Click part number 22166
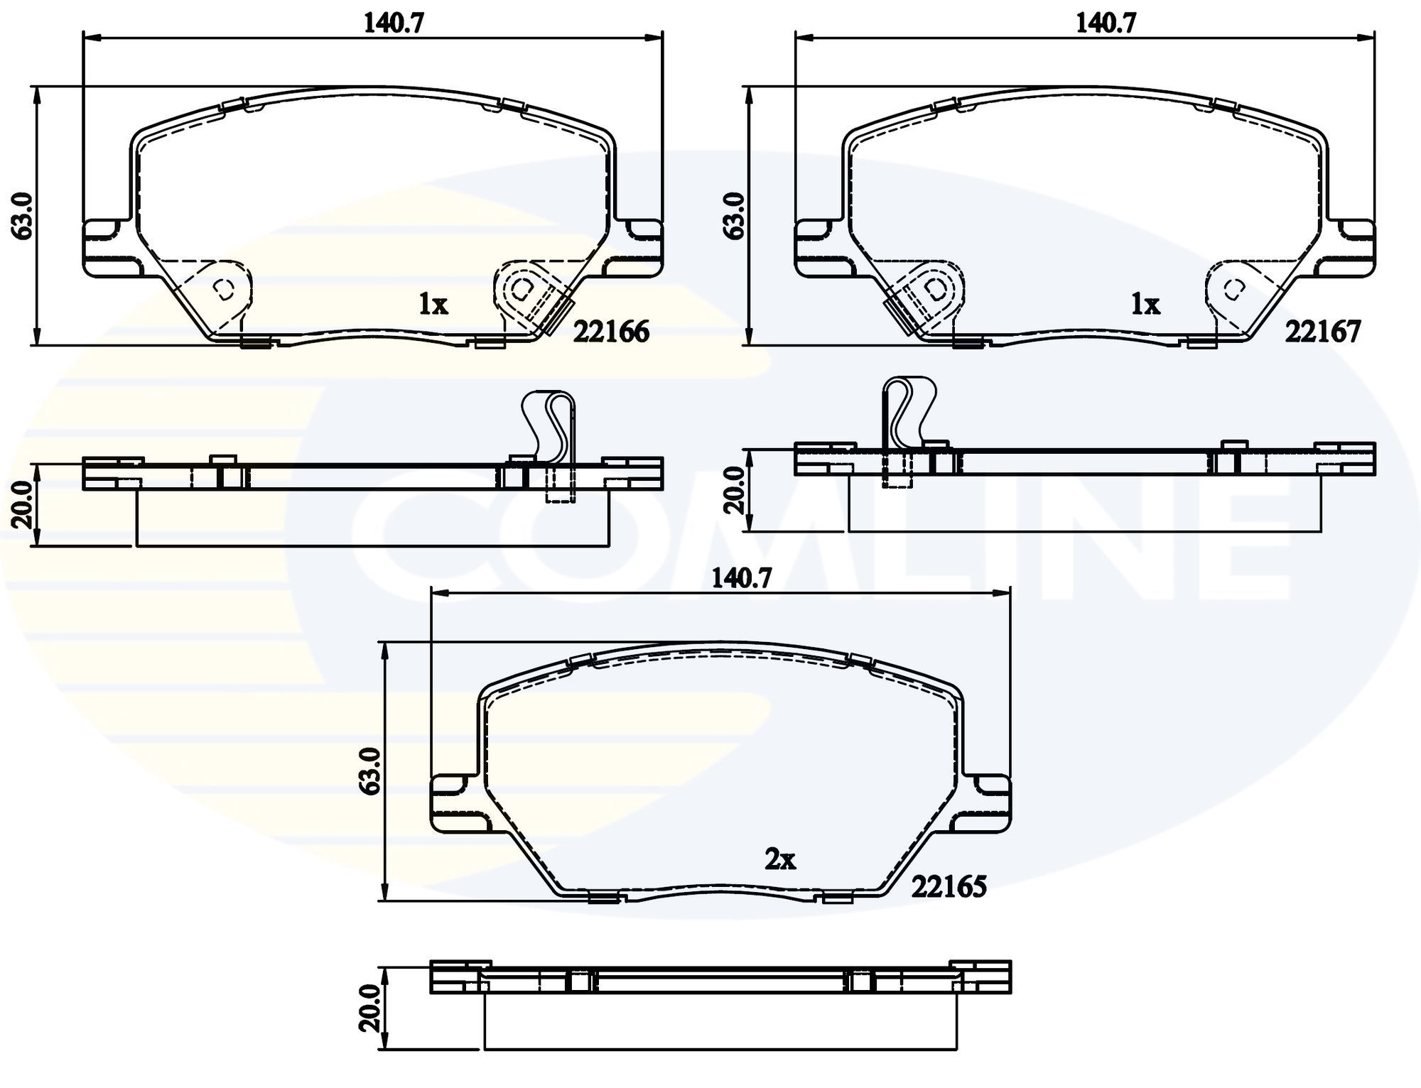(x=611, y=332)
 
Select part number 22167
(x=1322, y=332)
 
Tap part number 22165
(x=949, y=886)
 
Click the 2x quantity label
(x=779, y=861)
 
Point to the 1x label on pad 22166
(x=433, y=305)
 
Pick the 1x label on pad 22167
(x=1145, y=305)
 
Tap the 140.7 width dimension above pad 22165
(x=742, y=579)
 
